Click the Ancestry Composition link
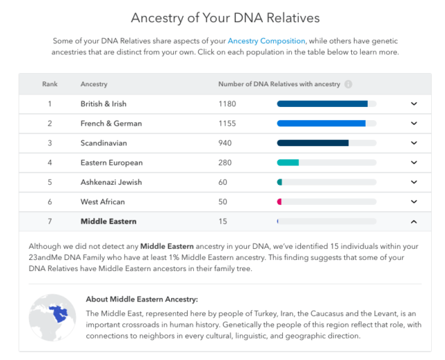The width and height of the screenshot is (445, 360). pyautogui.click(x=266, y=41)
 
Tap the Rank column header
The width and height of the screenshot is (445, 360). pyautogui.click(x=49, y=84)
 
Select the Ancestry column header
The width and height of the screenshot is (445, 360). pyautogui.click(x=94, y=84)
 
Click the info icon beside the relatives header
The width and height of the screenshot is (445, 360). pyautogui.click(x=348, y=84)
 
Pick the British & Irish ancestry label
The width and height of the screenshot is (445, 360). pyautogui.click(x=104, y=104)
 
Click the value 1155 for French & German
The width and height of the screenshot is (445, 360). pyautogui.click(x=227, y=124)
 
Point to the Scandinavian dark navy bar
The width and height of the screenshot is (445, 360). pyautogui.click(x=313, y=143)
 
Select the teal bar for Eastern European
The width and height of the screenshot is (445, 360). pyautogui.click(x=288, y=163)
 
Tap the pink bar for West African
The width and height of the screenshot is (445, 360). pyautogui.click(x=280, y=202)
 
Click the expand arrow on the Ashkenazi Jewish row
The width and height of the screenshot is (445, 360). pyautogui.click(x=414, y=182)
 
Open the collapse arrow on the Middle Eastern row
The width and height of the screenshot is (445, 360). pyautogui.click(x=414, y=222)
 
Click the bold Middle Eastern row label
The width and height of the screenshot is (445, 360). pyautogui.click(x=108, y=221)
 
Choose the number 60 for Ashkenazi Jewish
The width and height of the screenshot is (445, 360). pyautogui.click(x=222, y=182)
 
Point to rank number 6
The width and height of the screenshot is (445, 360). pyautogui.click(x=49, y=202)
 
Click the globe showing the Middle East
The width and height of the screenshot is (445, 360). pyautogui.click(x=53, y=318)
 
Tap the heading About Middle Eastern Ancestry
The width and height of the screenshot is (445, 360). pyautogui.click(x=142, y=300)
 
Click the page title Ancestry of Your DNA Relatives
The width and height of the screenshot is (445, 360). pyautogui.click(x=225, y=18)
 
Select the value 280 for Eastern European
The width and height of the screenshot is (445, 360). pyautogui.click(x=225, y=163)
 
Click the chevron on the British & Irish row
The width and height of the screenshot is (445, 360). pyautogui.click(x=414, y=104)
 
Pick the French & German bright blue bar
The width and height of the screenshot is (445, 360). pyautogui.click(x=321, y=124)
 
